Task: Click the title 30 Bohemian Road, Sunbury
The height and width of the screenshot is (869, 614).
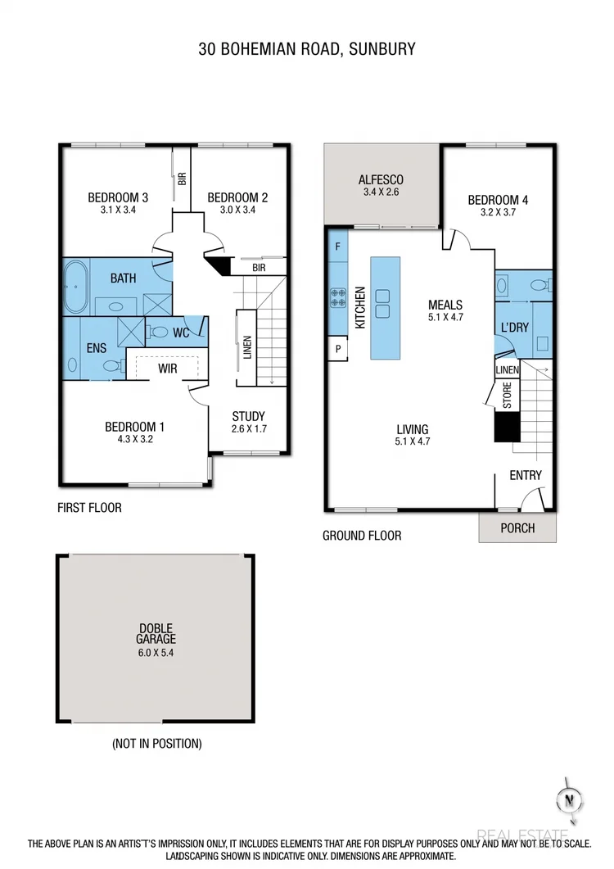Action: point(307,49)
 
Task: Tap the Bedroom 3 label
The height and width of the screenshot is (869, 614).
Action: point(118,197)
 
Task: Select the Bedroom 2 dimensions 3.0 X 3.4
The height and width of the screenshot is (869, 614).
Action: point(237,210)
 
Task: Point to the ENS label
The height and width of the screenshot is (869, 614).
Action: point(97,348)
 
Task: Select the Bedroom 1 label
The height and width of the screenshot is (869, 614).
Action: point(135,426)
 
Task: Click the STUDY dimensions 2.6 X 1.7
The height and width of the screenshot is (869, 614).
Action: point(248,428)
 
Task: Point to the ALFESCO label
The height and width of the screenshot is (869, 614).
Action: point(381,180)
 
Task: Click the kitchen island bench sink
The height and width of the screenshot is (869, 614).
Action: point(382,303)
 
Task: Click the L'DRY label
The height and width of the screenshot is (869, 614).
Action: point(514,328)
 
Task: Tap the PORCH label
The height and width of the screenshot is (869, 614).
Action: point(517,528)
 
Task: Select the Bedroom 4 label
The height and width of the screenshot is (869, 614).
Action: point(493,200)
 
